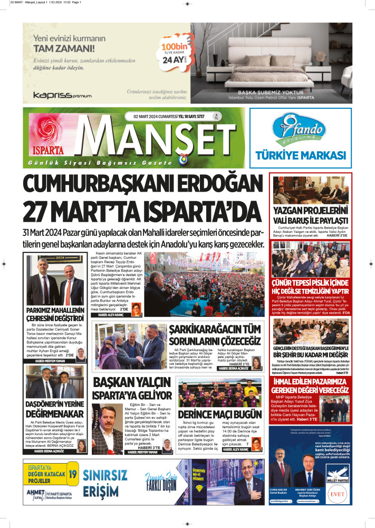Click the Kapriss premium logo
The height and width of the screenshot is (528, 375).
tap(62, 95)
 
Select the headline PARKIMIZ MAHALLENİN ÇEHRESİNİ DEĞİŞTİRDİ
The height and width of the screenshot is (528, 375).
tap(55, 314)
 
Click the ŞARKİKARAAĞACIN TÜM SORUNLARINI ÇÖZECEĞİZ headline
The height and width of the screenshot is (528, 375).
tap(215, 335)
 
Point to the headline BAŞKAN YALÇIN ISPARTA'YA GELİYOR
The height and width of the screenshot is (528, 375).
tap(132, 388)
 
